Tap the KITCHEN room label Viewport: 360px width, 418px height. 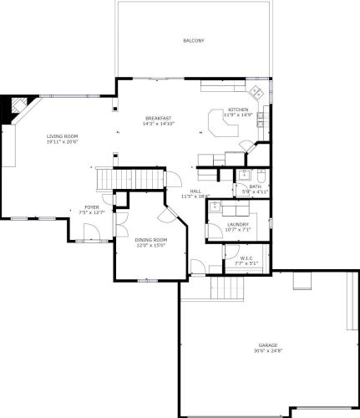click(238, 110)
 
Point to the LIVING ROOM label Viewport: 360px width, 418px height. click(63, 135)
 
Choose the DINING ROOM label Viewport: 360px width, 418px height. click(151, 241)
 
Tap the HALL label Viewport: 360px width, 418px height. click(195, 191)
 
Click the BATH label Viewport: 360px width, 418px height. click(255, 186)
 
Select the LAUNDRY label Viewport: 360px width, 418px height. click(238, 226)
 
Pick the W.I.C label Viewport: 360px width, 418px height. click(247, 258)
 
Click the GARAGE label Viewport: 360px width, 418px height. click(267, 345)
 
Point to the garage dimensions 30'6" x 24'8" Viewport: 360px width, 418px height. click(267, 351)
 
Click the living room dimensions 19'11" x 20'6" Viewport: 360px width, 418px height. click(63, 141)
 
